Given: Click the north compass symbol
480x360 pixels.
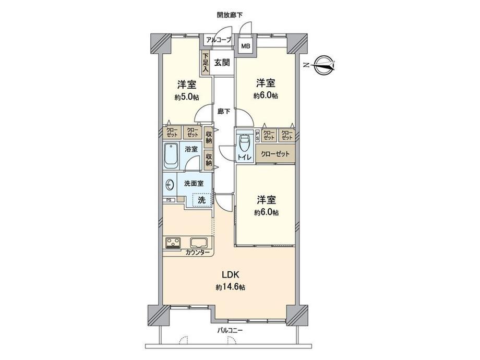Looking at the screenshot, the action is [322, 65].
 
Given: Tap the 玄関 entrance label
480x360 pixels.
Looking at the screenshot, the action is [222, 63].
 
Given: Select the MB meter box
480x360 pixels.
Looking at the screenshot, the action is [246, 46].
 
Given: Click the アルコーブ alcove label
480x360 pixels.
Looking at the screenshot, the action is [218, 40].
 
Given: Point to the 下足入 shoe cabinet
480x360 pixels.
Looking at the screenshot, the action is [205, 63].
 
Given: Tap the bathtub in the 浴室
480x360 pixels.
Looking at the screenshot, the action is [172, 155].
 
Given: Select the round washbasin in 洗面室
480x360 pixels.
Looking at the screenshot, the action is [169, 185].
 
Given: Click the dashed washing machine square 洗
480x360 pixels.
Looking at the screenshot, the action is [202, 200].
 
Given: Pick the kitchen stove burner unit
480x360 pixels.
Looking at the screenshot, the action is [174, 243].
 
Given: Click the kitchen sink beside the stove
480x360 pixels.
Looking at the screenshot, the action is [199, 243].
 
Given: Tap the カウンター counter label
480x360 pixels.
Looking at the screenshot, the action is [197, 253].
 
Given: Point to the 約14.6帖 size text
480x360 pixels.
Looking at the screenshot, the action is [230, 287].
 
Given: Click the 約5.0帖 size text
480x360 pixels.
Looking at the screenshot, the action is [187, 98].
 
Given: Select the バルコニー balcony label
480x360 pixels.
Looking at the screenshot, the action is [230, 330].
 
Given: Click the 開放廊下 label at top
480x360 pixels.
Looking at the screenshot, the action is [230, 15].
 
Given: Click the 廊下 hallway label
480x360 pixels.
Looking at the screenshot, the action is [224, 112].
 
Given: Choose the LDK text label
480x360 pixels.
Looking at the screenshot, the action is [231, 274].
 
